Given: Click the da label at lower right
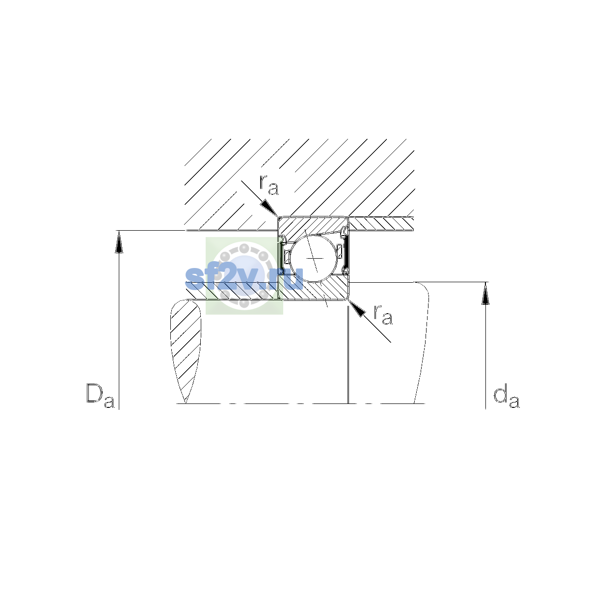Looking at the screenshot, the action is pos(506,398).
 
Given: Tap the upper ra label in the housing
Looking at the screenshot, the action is pos(269,185).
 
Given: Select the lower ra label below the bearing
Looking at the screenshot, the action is pos(383,315).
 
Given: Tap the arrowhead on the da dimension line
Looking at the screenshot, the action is pos(485,294).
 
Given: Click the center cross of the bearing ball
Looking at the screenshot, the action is pos(315,258).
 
